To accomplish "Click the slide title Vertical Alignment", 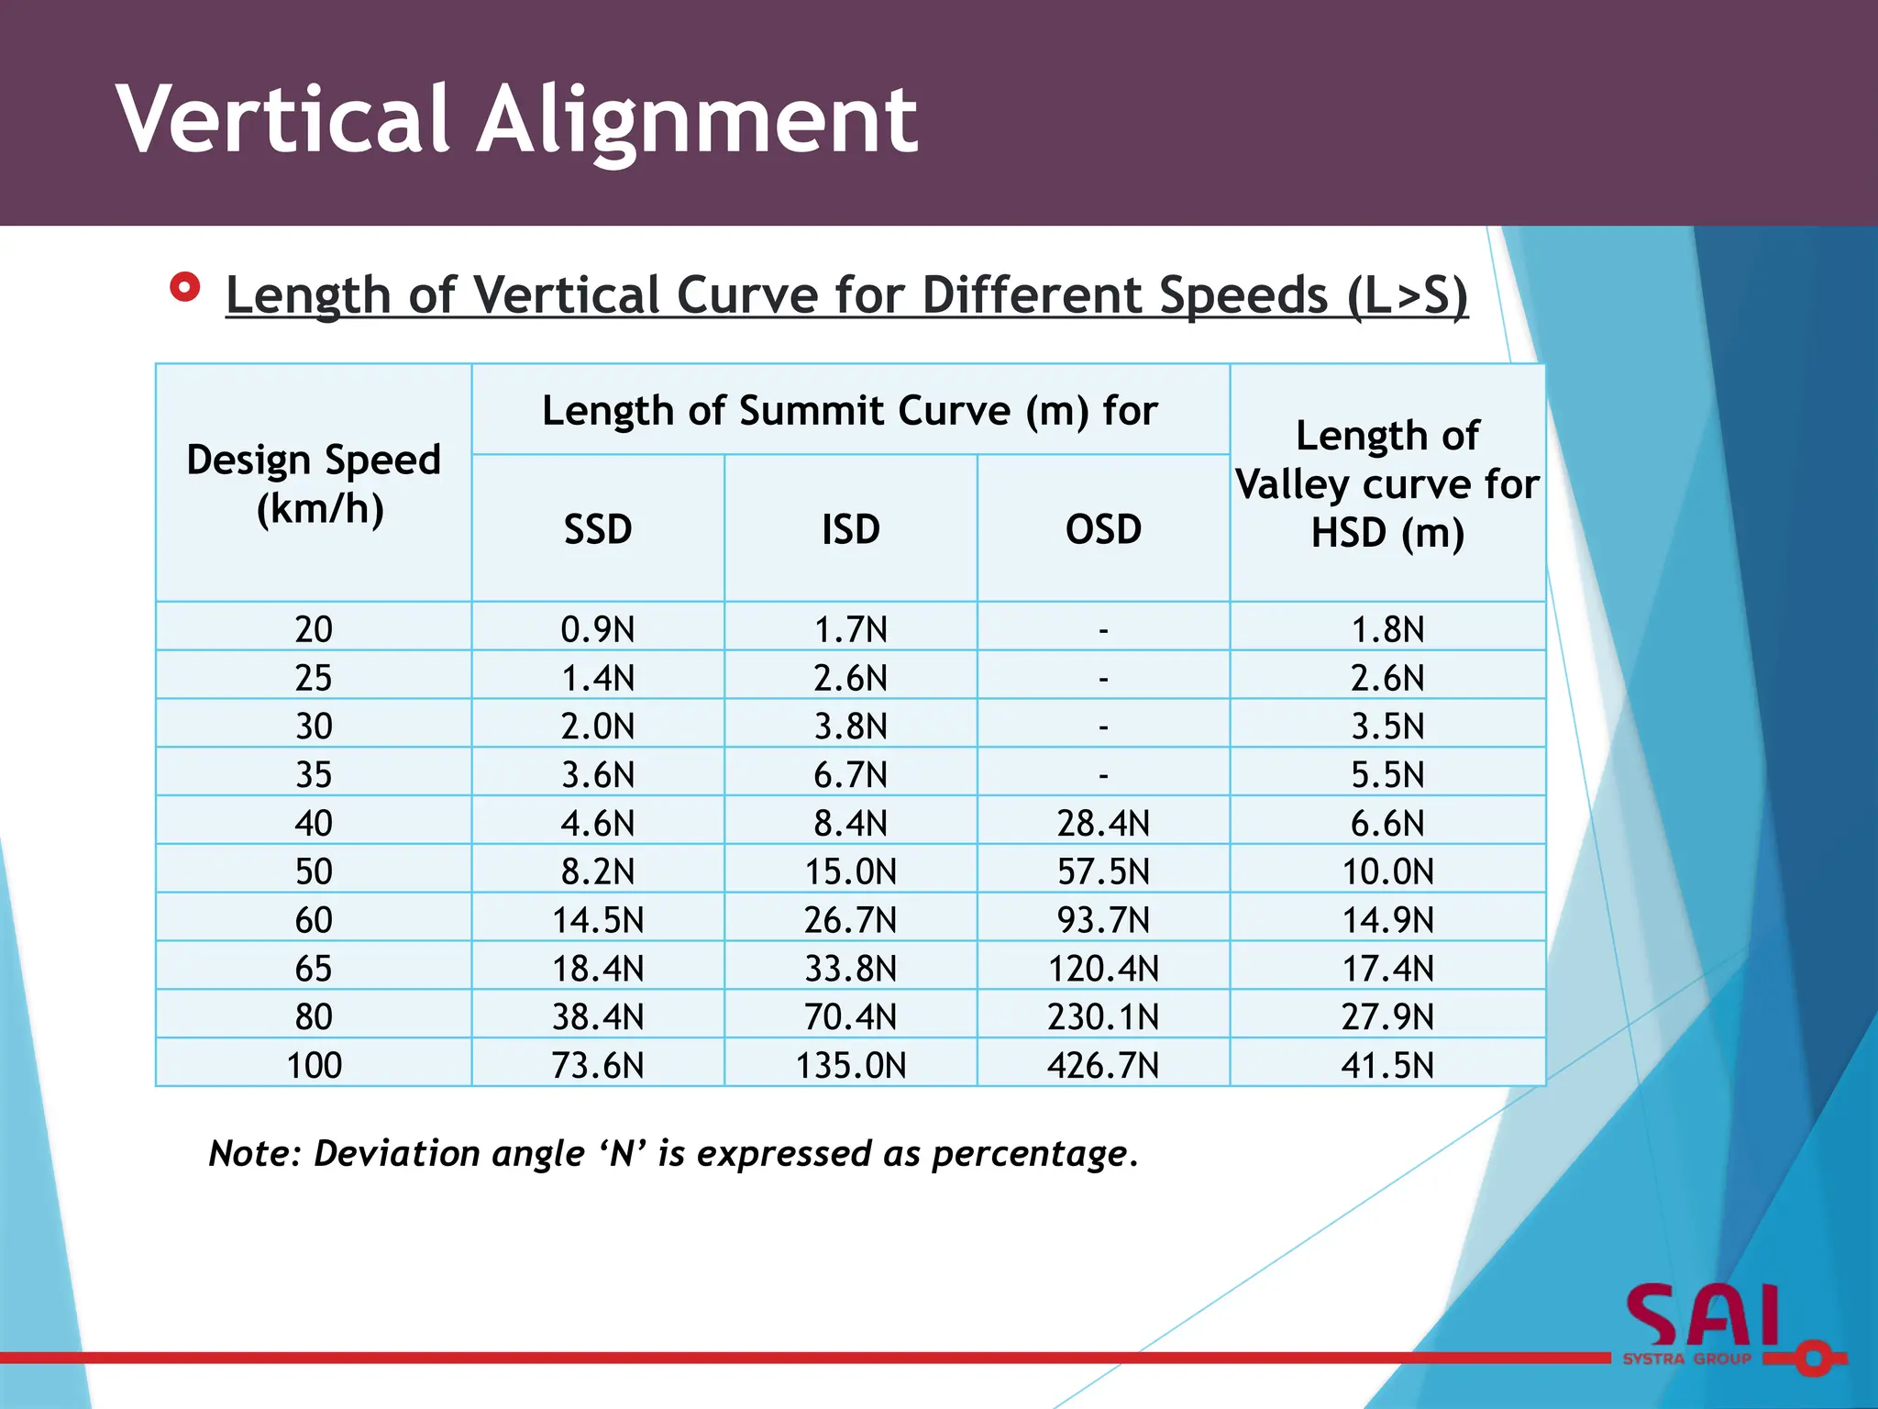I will coord(516,119).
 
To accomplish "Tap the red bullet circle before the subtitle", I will coord(185,288).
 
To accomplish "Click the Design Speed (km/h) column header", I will coord(314,483).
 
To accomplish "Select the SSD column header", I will coord(598,529).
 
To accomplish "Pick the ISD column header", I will coord(850,529).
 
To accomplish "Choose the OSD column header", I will coord(1103,529).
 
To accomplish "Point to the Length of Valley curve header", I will coord(1387,483).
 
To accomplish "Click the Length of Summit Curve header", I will coord(850,410).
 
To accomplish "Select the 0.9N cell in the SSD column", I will coord(598,629).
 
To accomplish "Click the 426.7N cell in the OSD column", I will coord(1103,1065).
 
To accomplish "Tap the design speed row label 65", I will coord(314,968).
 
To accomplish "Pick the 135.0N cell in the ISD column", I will coord(850,1065).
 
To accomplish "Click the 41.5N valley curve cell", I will coord(1387,1065).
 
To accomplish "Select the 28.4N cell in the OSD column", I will coord(1103,823).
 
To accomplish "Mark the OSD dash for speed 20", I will coord(1103,630).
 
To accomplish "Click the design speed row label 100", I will coord(314,1065).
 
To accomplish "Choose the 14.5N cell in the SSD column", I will coord(598,919).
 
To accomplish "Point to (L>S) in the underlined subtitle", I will coord(1408,295).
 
